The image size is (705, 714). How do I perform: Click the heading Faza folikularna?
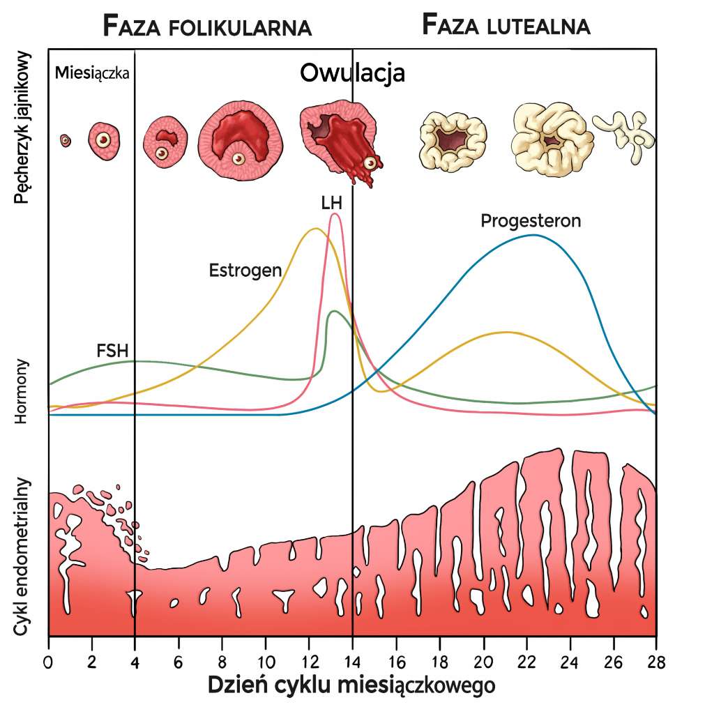(x=206, y=26)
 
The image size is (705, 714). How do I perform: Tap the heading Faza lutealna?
(x=506, y=25)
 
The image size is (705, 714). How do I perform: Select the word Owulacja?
(x=352, y=73)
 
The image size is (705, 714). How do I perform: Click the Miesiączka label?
(x=92, y=73)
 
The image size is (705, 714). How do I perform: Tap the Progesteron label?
(x=531, y=221)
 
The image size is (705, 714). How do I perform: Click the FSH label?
(x=112, y=350)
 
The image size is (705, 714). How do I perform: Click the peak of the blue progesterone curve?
(x=533, y=235)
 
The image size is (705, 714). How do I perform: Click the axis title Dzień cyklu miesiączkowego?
(x=352, y=685)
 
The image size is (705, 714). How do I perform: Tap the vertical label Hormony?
(x=22, y=392)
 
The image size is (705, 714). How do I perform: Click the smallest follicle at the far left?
(x=65, y=140)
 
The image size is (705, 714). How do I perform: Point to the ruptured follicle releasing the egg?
(x=342, y=143)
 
